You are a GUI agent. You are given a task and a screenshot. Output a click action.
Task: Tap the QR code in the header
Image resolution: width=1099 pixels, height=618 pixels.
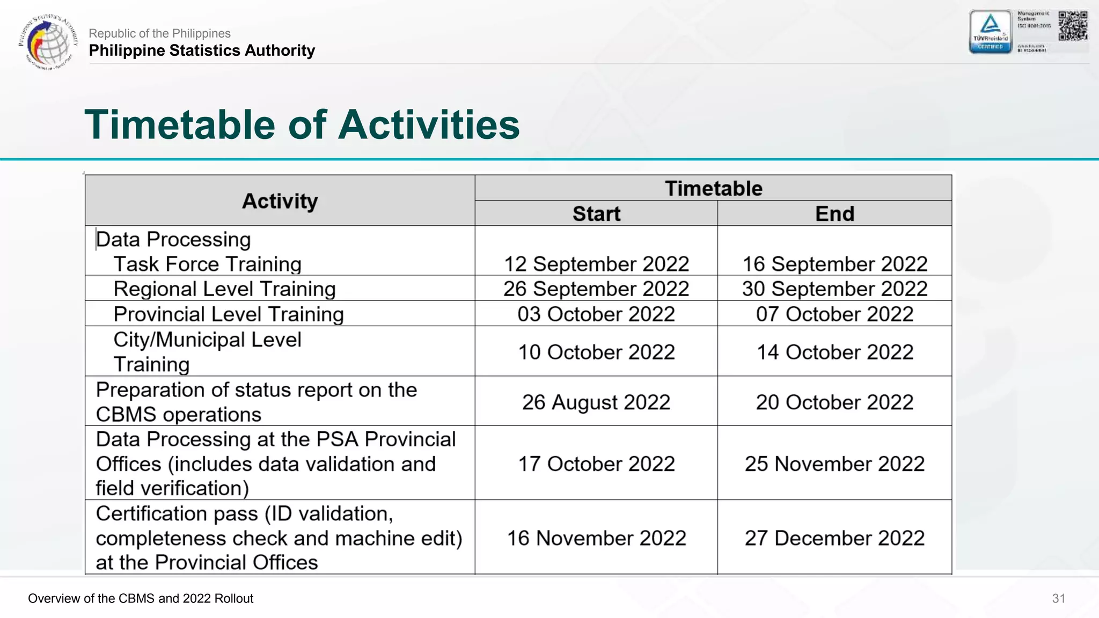(x=1073, y=26)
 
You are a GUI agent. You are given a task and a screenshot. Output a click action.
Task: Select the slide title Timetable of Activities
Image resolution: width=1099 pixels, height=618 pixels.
(x=302, y=124)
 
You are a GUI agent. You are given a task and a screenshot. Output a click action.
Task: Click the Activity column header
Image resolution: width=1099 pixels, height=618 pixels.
(x=280, y=201)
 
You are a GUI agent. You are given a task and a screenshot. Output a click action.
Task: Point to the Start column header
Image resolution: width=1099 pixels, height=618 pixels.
(x=596, y=214)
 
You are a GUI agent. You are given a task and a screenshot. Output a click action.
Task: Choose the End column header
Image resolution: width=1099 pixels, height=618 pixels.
(x=834, y=214)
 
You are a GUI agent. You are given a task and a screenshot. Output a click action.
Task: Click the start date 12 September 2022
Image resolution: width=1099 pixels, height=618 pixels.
(x=596, y=264)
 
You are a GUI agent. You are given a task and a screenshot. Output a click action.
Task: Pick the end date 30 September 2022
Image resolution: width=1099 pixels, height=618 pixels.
(x=834, y=289)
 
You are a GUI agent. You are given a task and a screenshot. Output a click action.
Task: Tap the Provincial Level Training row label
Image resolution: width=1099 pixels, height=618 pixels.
(x=229, y=314)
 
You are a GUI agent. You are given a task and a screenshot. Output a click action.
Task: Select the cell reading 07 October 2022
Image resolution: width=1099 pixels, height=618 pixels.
(x=834, y=314)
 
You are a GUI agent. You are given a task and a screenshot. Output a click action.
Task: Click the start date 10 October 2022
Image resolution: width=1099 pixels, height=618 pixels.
(x=596, y=352)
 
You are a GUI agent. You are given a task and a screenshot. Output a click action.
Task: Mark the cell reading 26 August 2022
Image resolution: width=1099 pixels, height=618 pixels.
(x=596, y=402)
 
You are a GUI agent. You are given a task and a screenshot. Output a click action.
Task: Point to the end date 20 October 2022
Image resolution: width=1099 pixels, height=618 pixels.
(x=834, y=402)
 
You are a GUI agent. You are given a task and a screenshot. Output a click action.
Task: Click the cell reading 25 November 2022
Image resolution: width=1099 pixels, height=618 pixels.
(x=834, y=464)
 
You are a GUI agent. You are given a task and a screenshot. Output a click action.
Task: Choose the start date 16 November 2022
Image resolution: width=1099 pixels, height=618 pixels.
(x=596, y=538)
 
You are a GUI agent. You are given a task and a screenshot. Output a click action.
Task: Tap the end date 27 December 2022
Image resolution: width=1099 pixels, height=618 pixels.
(x=834, y=538)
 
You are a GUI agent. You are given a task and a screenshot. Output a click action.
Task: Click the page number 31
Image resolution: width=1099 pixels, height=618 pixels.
(x=1058, y=598)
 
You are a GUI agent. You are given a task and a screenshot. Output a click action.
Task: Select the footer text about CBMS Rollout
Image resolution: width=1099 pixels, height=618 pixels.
(x=141, y=598)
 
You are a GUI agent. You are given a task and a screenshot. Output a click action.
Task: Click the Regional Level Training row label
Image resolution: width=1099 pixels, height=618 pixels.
(x=224, y=289)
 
